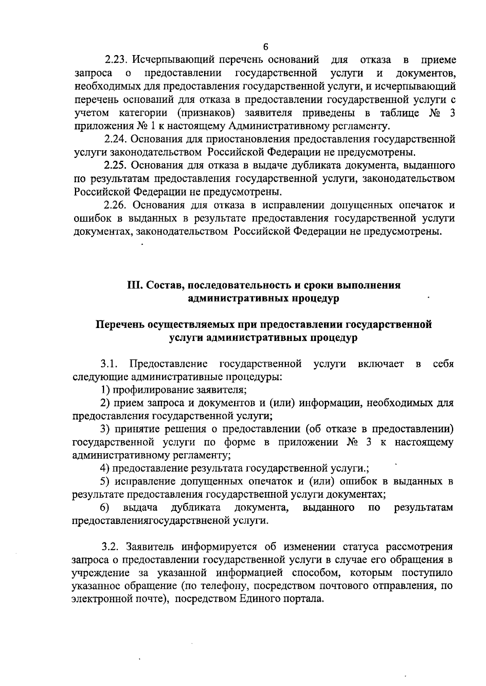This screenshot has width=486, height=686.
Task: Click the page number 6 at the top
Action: click(266, 47)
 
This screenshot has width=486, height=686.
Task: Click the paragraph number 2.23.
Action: click(116, 60)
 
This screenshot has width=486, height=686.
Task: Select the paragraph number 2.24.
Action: click(115, 139)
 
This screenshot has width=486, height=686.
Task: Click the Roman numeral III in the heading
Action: click(134, 285)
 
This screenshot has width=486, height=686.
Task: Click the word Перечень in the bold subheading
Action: click(119, 325)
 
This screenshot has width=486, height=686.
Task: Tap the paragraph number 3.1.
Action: click(109, 364)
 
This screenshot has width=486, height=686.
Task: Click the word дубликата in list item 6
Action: click(196, 507)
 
